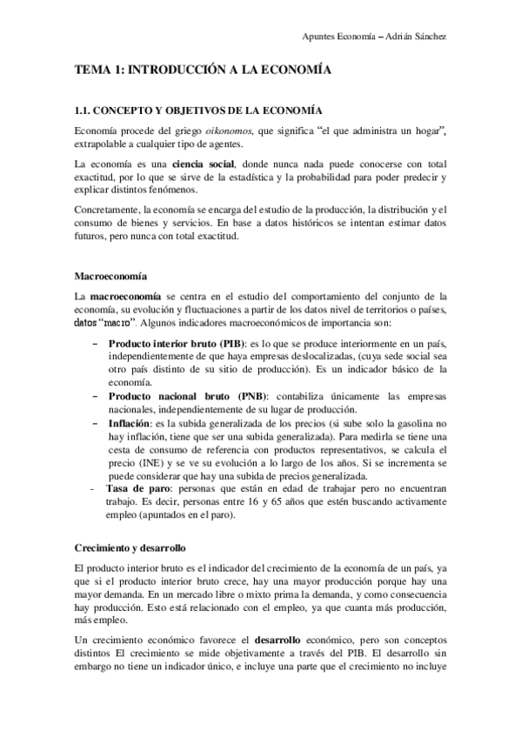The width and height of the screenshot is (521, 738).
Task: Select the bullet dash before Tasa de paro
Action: coord(94,489)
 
